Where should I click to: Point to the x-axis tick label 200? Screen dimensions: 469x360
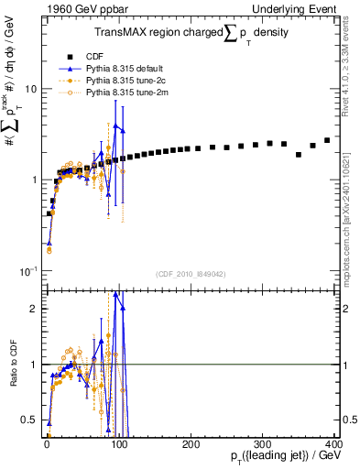[x=191, y=443]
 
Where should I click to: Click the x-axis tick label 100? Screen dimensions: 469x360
[x=119, y=443]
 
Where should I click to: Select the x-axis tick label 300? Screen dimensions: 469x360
[x=263, y=443]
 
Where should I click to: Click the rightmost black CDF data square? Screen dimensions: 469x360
[x=327, y=140]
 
